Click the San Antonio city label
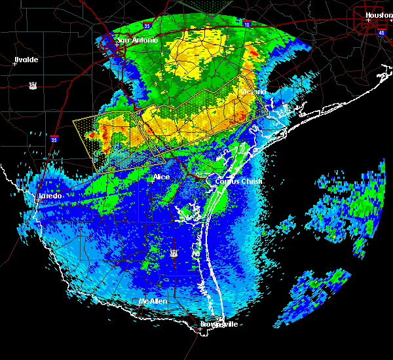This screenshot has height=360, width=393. coord(138,41)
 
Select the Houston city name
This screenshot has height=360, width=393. coord(378,15)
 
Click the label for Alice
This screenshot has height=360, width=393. coord(161,177)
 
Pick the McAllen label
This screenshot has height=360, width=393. coord(153,301)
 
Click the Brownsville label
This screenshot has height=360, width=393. coord(219,325)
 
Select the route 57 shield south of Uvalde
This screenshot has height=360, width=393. coord(33,86)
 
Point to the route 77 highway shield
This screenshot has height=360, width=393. coord(174,252)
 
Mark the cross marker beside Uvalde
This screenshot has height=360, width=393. coord(14,63)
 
